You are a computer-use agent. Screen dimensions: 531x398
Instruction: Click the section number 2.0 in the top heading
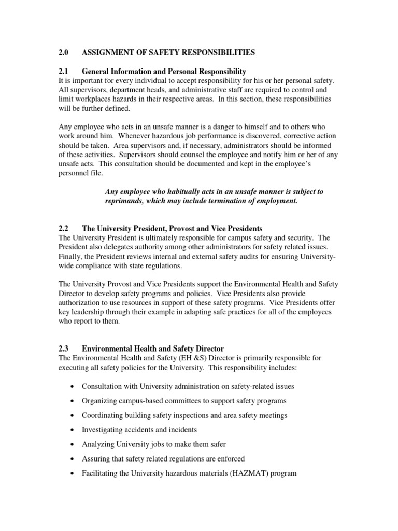point(64,52)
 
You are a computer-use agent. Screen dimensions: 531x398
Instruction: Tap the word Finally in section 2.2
point(69,256)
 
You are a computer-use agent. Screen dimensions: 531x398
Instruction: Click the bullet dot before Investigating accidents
point(72,430)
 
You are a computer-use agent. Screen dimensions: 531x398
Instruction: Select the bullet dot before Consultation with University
point(72,387)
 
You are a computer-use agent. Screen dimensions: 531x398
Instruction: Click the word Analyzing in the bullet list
point(98,444)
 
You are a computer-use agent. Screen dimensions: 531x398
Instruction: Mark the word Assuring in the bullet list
point(96,459)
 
